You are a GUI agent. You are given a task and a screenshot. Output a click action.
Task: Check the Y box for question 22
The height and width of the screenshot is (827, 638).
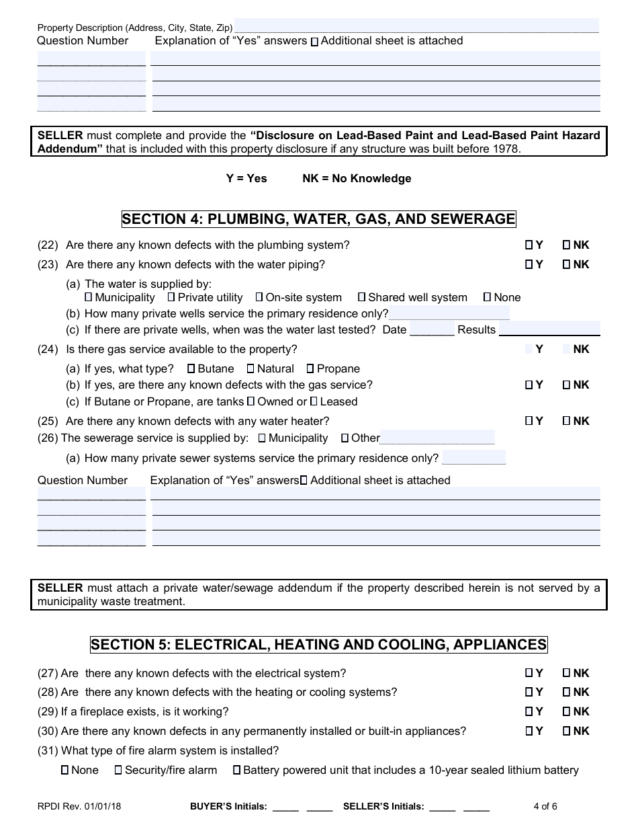pyautogui.click(x=529, y=245)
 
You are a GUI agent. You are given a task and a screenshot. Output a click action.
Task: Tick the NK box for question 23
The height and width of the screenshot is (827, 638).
pyautogui.click(x=566, y=265)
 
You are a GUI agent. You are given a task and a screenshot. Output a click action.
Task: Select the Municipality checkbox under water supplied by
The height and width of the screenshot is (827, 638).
pyautogui.click(x=89, y=297)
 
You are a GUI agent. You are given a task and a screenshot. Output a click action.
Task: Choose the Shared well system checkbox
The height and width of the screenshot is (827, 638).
pyautogui.click(x=362, y=297)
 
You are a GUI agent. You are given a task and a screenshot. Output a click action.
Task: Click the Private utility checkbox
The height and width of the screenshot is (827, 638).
pyautogui.click(x=171, y=297)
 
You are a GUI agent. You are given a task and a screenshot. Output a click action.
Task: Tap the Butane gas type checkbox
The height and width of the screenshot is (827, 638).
pyautogui.click(x=191, y=368)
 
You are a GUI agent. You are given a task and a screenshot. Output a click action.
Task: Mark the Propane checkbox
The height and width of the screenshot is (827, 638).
pyautogui.click(x=310, y=368)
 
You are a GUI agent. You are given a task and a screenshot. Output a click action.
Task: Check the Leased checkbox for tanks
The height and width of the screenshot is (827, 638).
pyautogui.click(x=314, y=401)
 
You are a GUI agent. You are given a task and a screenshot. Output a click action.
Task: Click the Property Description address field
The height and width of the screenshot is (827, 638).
pyautogui.click(x=416, y=26)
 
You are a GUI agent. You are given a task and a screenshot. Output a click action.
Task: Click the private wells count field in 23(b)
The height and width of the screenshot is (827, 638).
pyautogui.click(x=449, y=313)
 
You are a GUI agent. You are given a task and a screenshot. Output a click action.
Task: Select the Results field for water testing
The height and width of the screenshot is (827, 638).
pyautogui.click(x=549, y=329)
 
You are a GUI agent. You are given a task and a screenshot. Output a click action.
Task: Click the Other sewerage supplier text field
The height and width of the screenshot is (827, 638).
pyautogui.click(x=437, y=438)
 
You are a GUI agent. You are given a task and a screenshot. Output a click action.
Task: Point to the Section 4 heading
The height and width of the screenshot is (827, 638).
pyautogui.click(x=318, y=219)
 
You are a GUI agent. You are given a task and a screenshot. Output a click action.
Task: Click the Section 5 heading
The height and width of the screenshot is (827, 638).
pyautogui.click(x=318, y=645)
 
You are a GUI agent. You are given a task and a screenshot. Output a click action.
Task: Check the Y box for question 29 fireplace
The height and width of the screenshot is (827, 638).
pyautogui.click(x=529, y=711)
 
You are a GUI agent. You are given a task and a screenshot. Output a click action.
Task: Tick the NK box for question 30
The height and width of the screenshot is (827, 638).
pyautogui.click(x=566, y=731)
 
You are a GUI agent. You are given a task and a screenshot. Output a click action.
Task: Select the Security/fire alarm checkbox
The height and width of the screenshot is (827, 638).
pyautogui.click(x=118, y=770)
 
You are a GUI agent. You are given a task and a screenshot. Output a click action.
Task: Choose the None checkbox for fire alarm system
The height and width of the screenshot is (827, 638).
pyautogui.click(x=65, y=770)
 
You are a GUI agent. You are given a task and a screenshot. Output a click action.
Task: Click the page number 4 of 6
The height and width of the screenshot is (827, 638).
pyautogui.click(x=545, y=807)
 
